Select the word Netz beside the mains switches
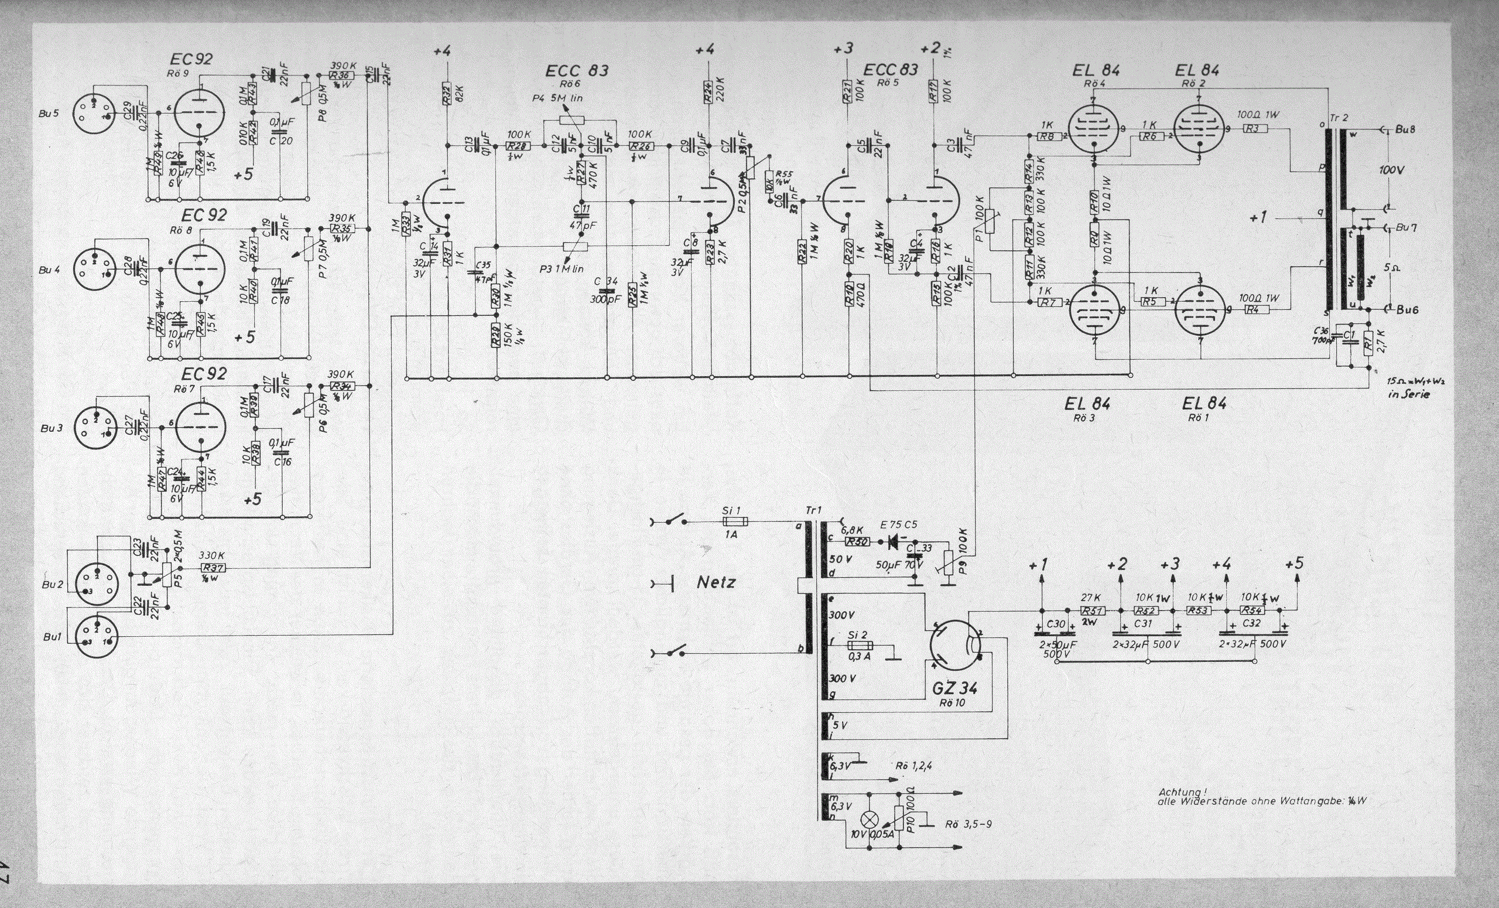pyautogui.click(x=716, y=582)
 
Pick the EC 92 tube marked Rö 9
pyautogui.click(x=199, y=114)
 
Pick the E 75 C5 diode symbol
pyautogui.click(x=894, y=542)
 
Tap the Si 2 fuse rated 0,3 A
pyautogui.click(x=860, y=646)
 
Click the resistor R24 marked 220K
pyautogui.click(x=708, y=94)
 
